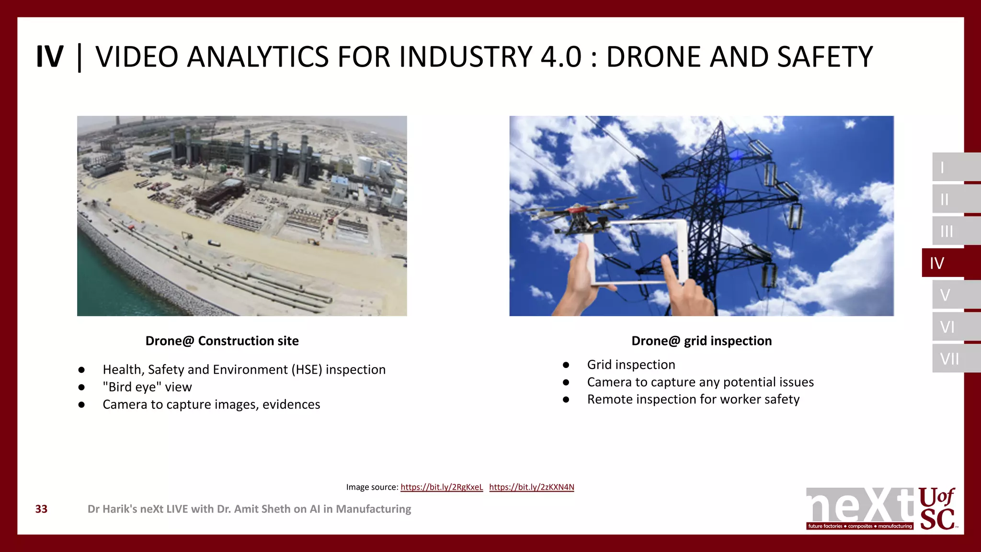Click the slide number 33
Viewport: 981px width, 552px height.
[41, 509]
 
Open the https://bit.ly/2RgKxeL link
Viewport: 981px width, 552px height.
[441, 487]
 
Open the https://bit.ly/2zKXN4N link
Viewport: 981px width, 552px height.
[531, 487]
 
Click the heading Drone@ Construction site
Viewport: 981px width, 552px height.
[222, 341]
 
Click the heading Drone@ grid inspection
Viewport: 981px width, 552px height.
[701, 341]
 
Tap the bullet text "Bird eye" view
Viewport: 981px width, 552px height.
[147, 387]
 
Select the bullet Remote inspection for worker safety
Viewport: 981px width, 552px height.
[693, 399]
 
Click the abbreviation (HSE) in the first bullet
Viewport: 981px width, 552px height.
[307, 369]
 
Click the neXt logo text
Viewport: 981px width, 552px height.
[859, 506]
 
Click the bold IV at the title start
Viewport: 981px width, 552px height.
[49, 57]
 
